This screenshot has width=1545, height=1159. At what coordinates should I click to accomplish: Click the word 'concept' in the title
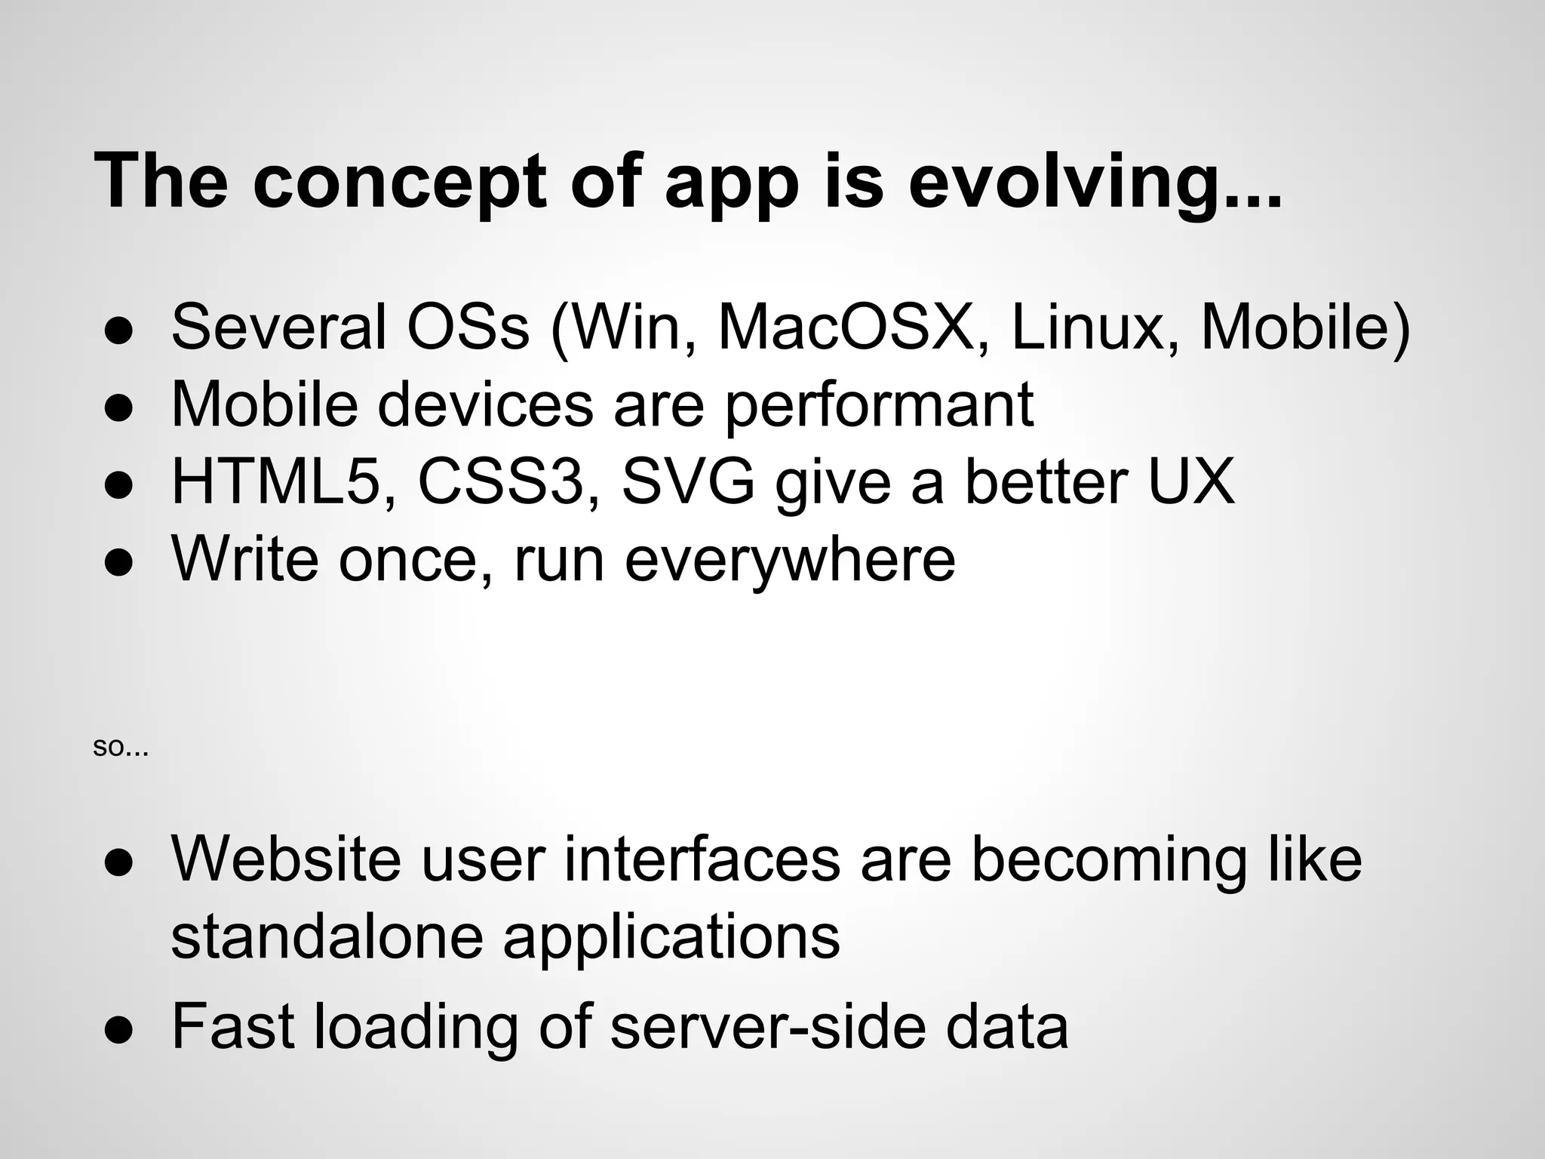tap(398, 183)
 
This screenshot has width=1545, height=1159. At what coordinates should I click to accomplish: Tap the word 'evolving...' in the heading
tap(1094, 183)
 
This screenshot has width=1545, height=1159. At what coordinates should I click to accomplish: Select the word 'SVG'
tap(688, 481)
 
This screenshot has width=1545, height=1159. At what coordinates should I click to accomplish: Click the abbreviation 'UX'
tap(1191, 481)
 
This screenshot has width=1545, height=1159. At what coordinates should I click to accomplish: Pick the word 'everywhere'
tap(790, 559)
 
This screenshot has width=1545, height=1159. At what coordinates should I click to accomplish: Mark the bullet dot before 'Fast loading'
tap(119, 1029)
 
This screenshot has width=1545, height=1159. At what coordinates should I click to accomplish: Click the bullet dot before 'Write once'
tap(119, 562)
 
